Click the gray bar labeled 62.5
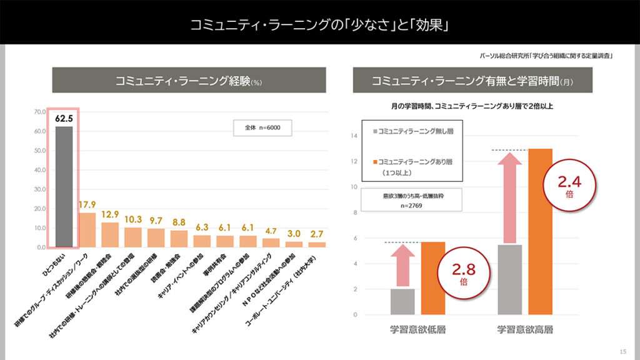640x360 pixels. [64, 187]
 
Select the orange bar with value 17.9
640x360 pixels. [87, 230]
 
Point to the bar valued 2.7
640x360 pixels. [317, 244]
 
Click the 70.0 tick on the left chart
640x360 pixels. [40, 112]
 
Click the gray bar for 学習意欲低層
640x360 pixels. [402, 301]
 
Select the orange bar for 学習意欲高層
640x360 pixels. [541, 231]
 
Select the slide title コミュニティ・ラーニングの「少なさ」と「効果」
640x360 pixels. [320, 25]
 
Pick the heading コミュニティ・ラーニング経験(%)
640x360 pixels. [188, 81]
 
